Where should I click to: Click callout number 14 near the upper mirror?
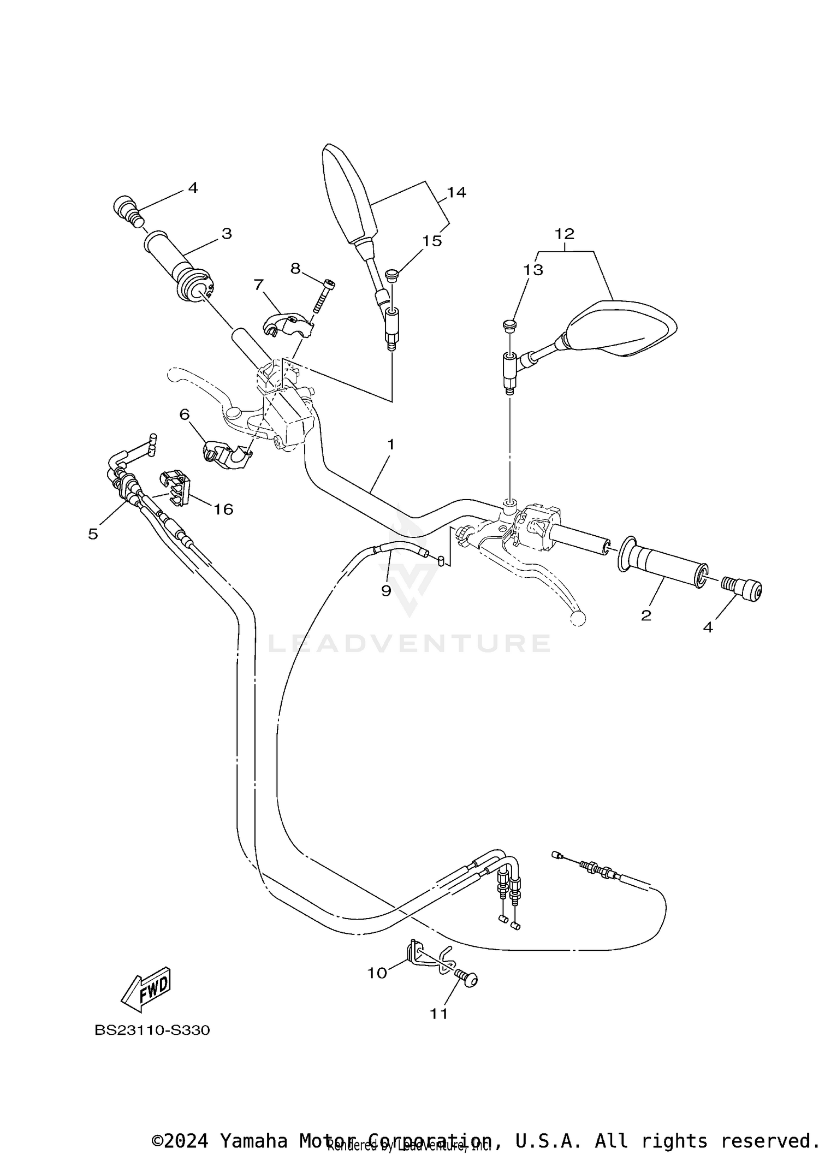tap(456, 192)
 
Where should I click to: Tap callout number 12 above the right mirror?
tap(565, 234)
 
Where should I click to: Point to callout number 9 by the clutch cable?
tap(386, 590)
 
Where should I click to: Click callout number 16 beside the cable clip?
tap(223, 509)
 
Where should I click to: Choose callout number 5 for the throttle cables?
tap(93, 534)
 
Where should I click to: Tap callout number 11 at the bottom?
tap(438, 1014)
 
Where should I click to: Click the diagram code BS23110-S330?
tap(152, 1030)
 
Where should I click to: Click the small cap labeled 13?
tap(509, 325)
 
